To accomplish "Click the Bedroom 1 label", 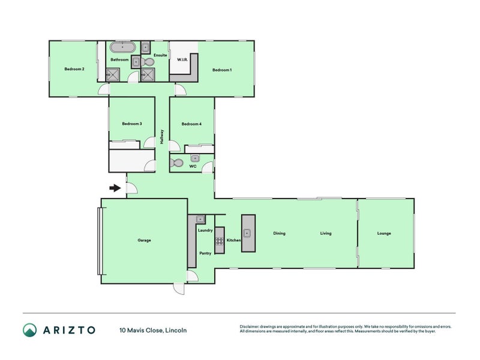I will pyautogui.click(x=221, y=70).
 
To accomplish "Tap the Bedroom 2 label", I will pyautogui.click(x=74, y=69).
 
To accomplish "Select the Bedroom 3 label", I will pyautogui.click(x=131, y=124).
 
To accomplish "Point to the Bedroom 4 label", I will pyautogui.click(x=191, y=124).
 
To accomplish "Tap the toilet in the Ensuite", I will pyautogui.click(x=148, y=61).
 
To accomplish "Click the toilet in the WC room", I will pyautogui.click(x=178, y=162).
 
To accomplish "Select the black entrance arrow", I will pyautogui.click(x=115, y=188).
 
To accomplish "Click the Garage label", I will pyautogui.click(x=144, y=240).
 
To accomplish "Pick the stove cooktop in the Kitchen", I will pyautogui.click(x=220, y=241).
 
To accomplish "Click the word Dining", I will pyautogui.click(x=279, y=233).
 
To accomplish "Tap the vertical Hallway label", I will pyautogui.click(x=162, y=137).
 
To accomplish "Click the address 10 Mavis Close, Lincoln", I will pyautogui.click(x=153, y=330).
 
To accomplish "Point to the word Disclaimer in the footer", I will pyautogui.click(x=251, y=327).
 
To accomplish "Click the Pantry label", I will pyautogui.click(x=205, y=253).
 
